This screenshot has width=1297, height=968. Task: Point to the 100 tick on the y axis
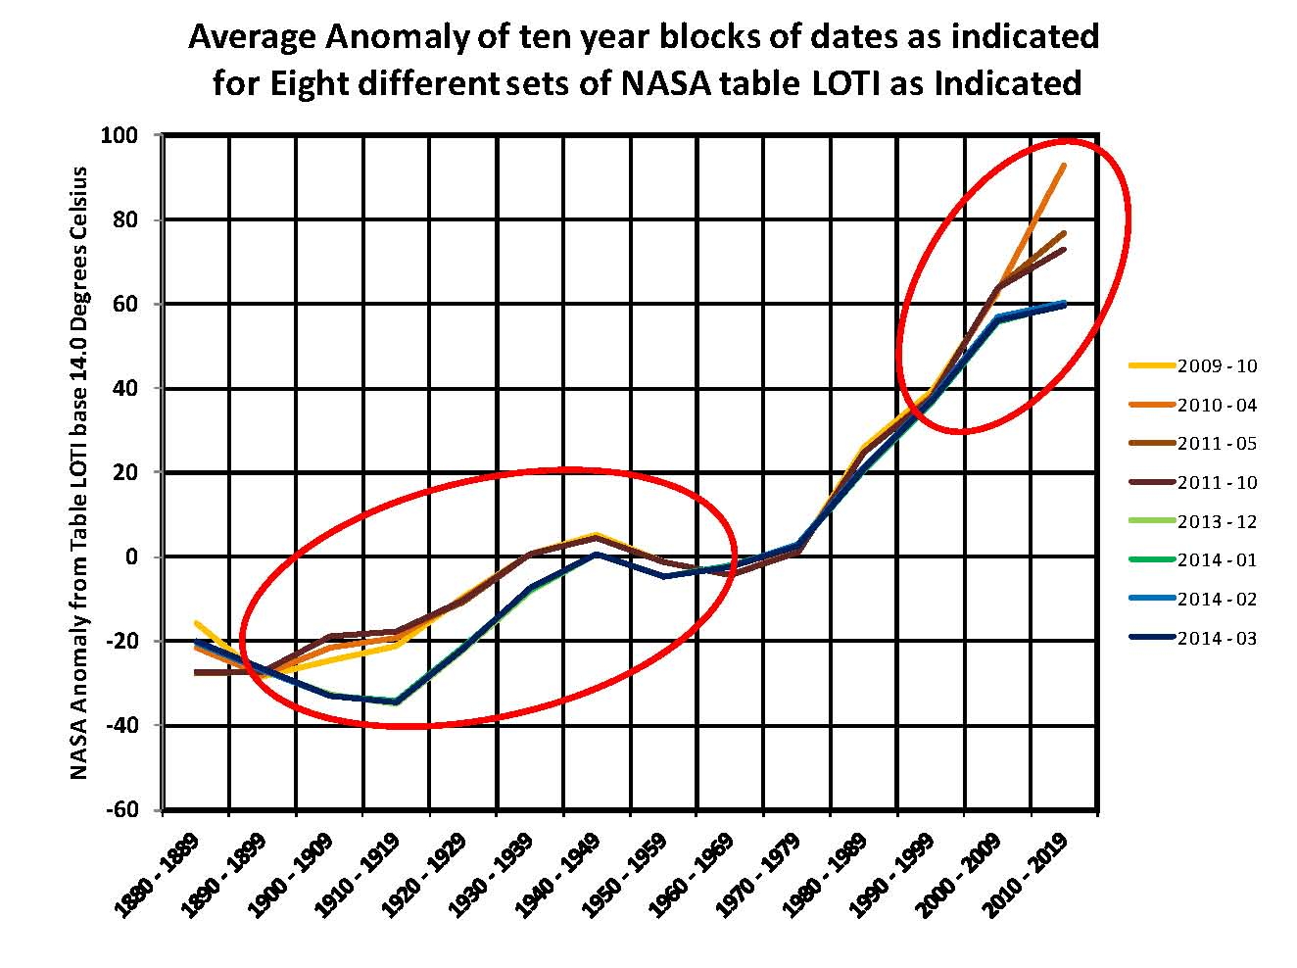119,135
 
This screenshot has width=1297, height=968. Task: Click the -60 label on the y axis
122,810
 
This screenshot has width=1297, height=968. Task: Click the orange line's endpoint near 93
1064,166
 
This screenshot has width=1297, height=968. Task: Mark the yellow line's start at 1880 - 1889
197,623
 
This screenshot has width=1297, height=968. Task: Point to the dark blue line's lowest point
397,702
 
